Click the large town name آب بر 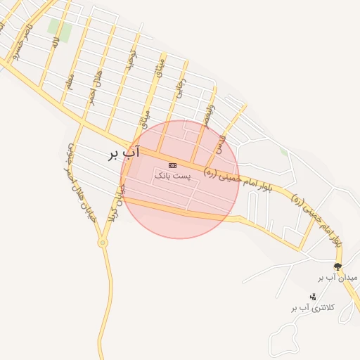[x=124, y=152]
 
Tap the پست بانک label [x=173, y=174]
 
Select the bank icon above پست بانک [x=173, y=165]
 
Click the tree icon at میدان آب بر [x=337, y=266]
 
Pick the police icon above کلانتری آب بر [x=313, y=297]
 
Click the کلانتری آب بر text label [x=312, y=307]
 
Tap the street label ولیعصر [x=206, y=116]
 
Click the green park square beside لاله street [x=60, y=29]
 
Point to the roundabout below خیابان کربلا [x=103, y=243]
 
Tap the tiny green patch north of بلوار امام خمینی [x=283, y=150]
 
